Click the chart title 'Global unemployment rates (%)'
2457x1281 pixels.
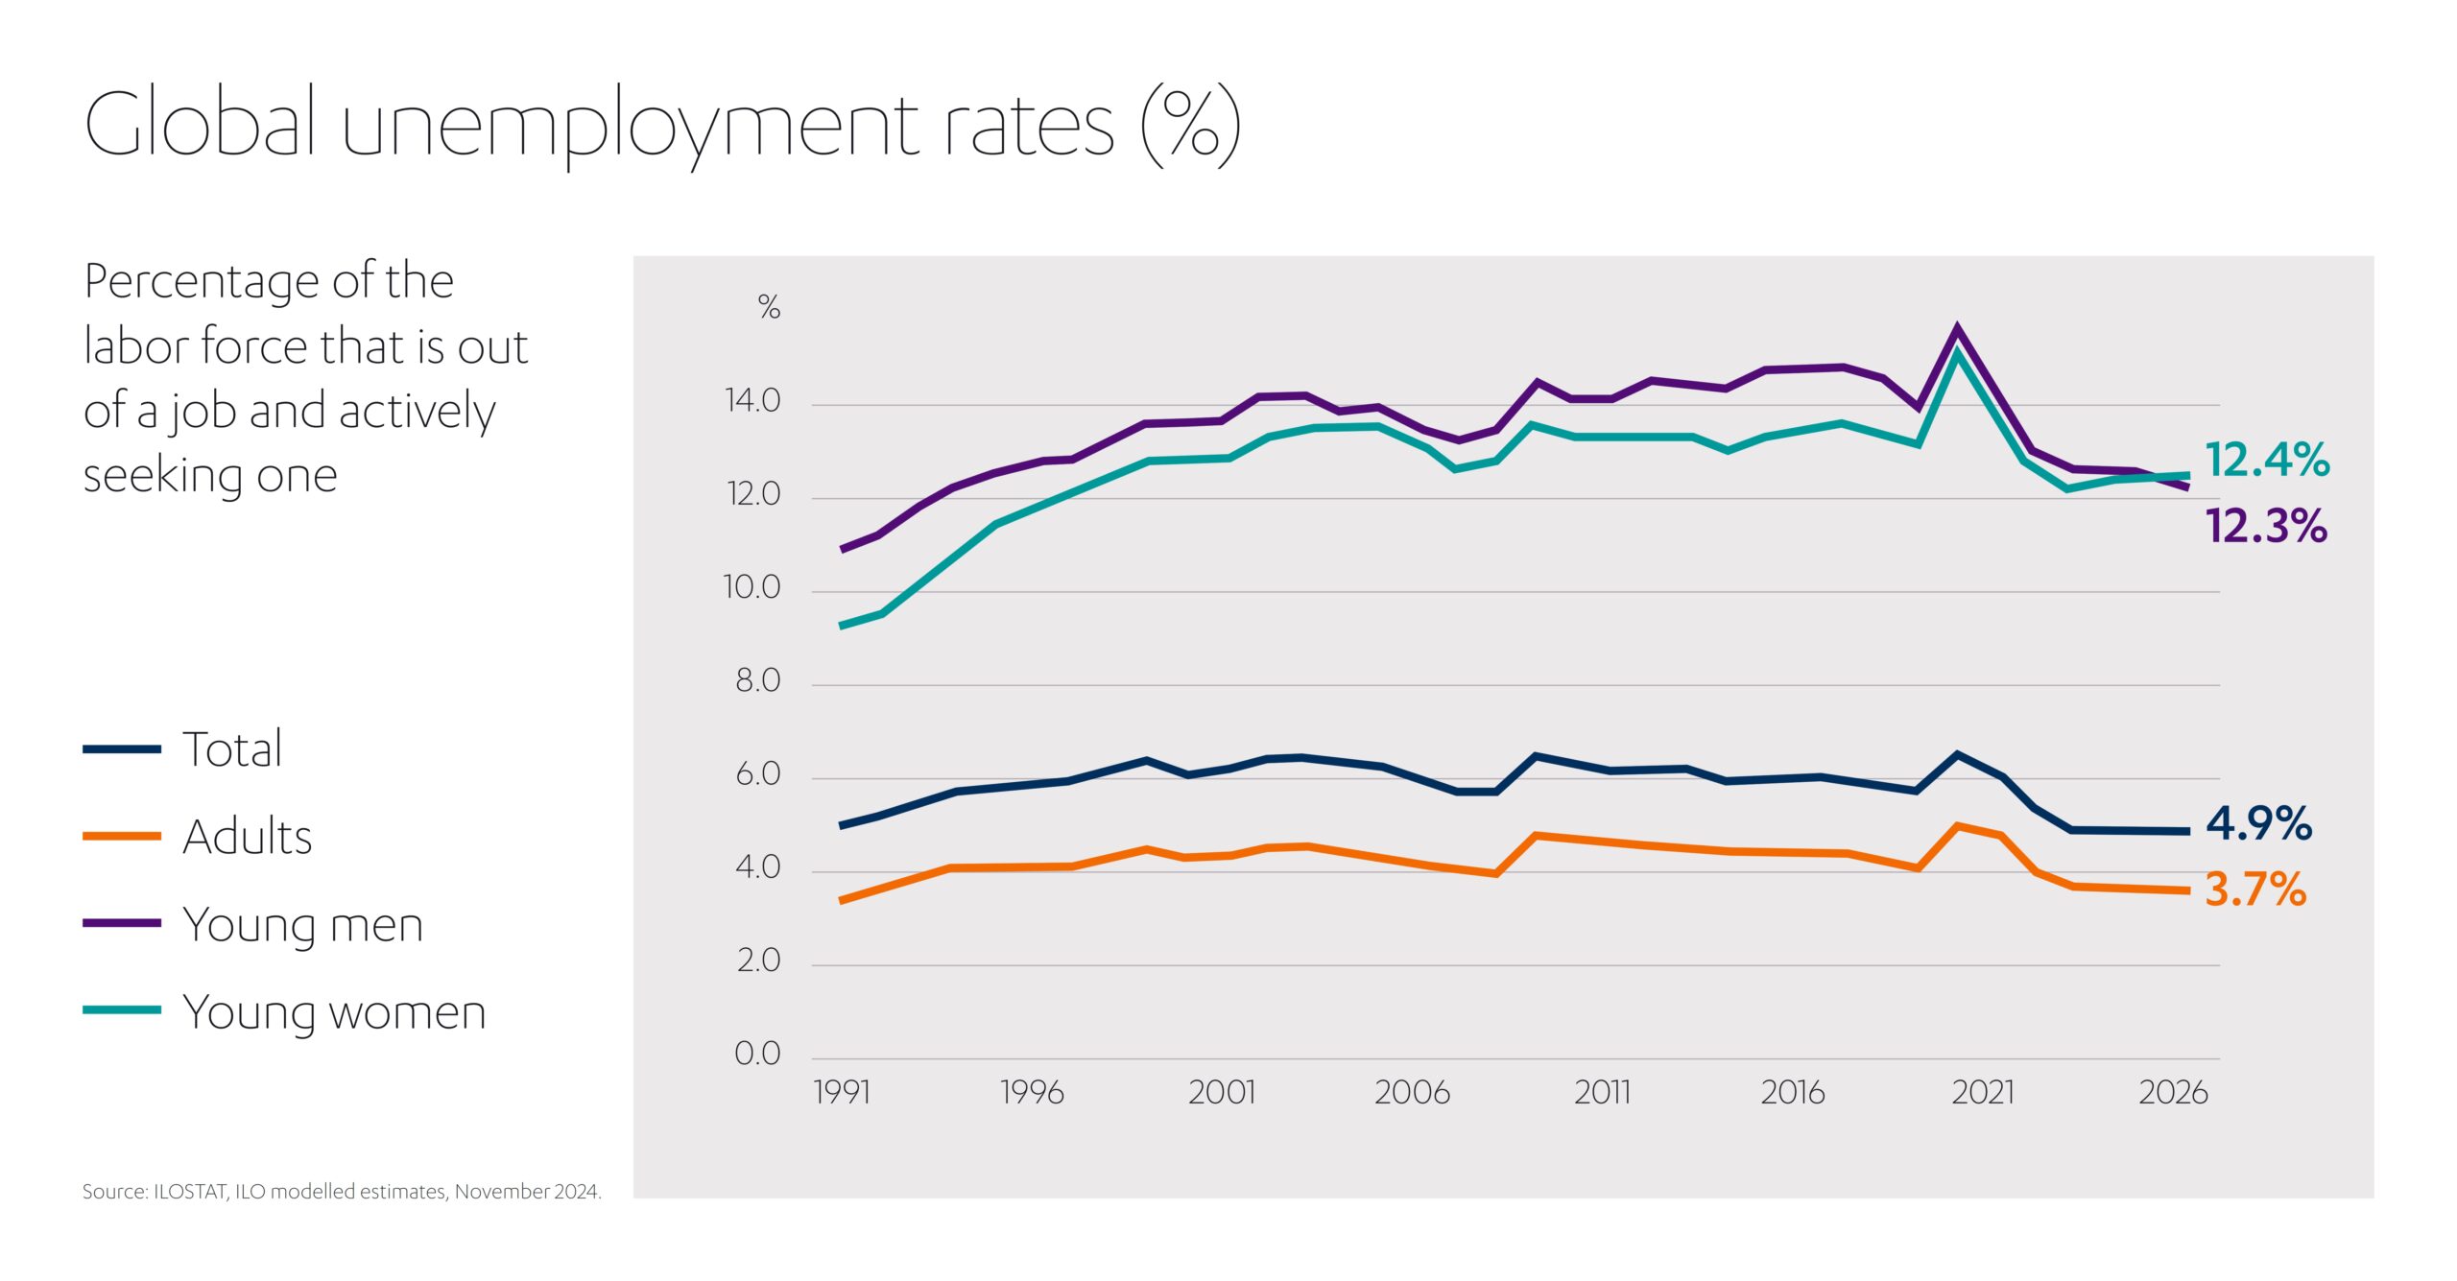pyautogui.click(x=662, y=125)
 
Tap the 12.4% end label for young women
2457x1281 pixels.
pyautogui.click(x=2266, y=460)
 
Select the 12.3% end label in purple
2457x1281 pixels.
pyautogui.click(x=2266, y=526)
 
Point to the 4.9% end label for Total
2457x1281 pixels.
pyautogui.click(x=2258, y=823)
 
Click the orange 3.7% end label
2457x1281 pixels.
pyautogui.click(x=2254, y=890)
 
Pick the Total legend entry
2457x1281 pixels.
pyautogui.click(x=232, y=748)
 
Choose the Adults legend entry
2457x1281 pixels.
pyautogui.click(x=247, y=837)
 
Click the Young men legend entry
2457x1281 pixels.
pyautogui.click(x=302, y=925)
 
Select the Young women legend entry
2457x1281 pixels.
pyautogui.click(x=334, y=1012)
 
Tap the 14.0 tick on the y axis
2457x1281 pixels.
pyautogui.click(x=752, y=401)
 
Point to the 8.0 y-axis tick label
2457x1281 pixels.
pyautogui.click(x=757, y=681)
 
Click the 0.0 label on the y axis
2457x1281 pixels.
pyautogui.click(x=757, y=1054)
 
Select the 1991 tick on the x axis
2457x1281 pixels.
pyautogui.click(x=842, y=1093)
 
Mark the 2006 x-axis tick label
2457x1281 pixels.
pyautogui.click(x=1412, y=1093)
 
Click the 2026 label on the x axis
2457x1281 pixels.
pyautogui.click(x=2173, y=1093)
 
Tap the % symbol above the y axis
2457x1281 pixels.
pyautogui.click(x=769, y=307)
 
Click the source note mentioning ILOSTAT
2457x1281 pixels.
pyautogui.click(x=342, y=1192)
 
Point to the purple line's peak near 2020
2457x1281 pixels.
pyautogui.click(x=1957, y=330)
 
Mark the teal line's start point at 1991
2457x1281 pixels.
pyautogui.click(x=842, y=626)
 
